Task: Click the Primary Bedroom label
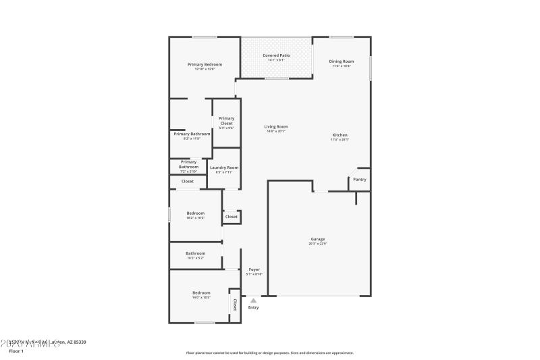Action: coord(205,64)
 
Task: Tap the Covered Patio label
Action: coord(276,55)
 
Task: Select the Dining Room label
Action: coord(342,61)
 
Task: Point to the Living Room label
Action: coord(275,126)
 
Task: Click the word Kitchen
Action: coord(340,135)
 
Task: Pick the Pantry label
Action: coord(360,179)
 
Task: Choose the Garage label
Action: coord(318,239)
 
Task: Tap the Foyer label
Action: coord(254,269)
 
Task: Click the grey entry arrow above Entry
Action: coord(253,300)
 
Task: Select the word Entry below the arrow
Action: coord(253,307)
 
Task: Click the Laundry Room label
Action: coord(223,168)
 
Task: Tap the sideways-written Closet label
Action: coord(235,305)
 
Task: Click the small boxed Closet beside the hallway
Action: coord(232,217)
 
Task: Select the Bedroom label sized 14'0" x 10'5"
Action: coord(201,292)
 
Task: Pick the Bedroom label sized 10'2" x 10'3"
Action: coord(195,213)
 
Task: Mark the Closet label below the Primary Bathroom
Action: coord(188,181)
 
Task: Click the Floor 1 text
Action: coord(16,351)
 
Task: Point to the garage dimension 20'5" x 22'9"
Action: coord(318,244)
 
